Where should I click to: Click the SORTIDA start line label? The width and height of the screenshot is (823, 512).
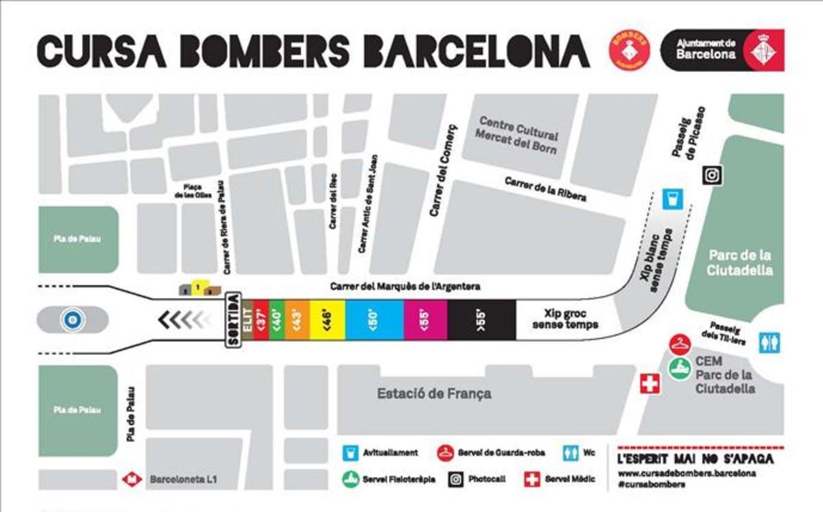(233, 319)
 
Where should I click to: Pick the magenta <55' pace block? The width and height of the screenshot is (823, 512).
(426, 319)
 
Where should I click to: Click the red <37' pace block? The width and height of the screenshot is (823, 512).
(260, 319)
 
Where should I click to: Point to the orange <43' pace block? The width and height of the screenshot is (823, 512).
(296, 319)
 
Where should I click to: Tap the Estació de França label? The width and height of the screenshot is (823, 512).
(434, 394)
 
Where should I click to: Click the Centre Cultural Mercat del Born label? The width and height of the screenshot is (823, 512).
(518, 134)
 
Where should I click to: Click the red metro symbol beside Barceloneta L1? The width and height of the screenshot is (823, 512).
(132, 480)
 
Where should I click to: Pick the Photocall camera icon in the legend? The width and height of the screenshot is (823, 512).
(456, 479)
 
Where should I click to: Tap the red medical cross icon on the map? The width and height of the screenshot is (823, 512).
(648, 384)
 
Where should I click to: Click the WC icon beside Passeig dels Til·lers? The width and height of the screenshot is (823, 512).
(770, 342)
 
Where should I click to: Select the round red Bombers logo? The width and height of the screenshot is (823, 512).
(629, 50)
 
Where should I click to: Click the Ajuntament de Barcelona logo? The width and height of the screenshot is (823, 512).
(721, 50)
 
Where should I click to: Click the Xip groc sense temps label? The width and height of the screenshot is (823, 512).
(565, 319)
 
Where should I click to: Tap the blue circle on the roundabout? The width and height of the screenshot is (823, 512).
(70, 319)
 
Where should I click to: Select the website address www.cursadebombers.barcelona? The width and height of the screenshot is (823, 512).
(687, 473)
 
